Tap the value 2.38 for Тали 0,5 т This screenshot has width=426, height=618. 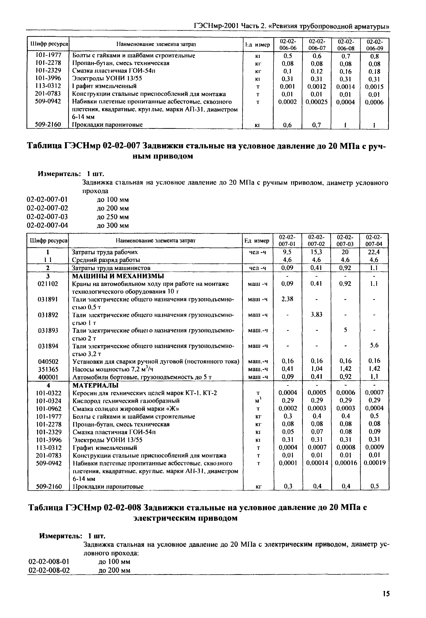tap(287, 299)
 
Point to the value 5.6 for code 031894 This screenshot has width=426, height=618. tap(374, 345)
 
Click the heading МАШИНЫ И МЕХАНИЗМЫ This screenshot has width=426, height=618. tap(118, 276)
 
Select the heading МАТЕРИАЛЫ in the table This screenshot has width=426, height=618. tap(95, 385)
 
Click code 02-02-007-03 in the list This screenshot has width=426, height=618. tap(47, 217)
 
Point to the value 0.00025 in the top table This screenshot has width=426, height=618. tap(316, 102)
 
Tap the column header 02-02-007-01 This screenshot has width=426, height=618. tap(287, 240)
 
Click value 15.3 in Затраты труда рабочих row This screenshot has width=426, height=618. tap(316, 252)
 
